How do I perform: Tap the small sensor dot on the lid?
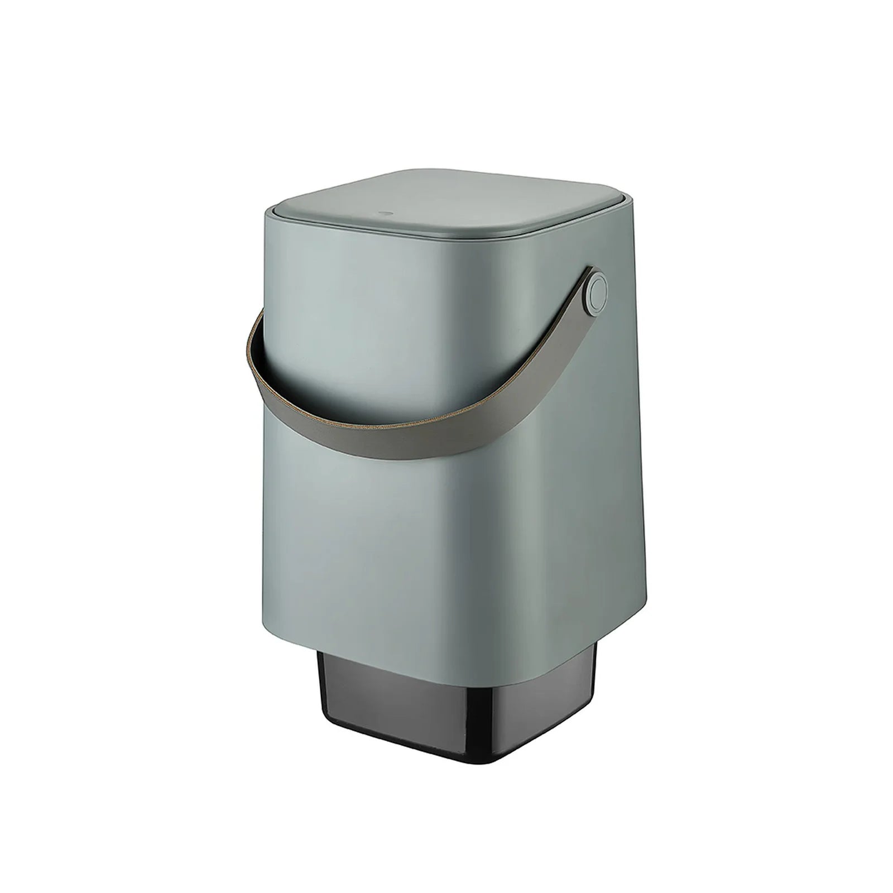tap(383, 213)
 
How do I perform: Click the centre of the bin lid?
tap(446, 201)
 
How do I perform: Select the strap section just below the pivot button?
tap(580, 335)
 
